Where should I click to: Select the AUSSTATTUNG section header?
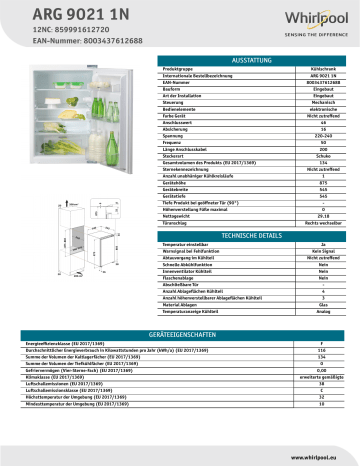pyautogui.click(x=237, y=62)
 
